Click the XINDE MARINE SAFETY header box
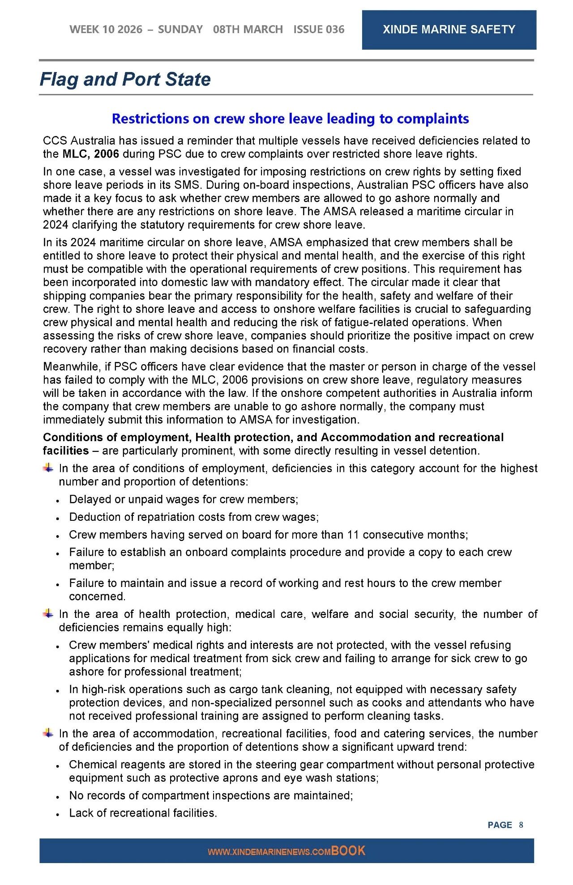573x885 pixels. point(449,30)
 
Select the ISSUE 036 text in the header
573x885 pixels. point(319,30)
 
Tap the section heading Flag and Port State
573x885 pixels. point(125,79)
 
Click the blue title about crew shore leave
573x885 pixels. point(290,119)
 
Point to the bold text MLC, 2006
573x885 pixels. point(90,154)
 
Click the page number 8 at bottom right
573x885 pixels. point(521,825)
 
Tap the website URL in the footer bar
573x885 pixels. point(269,852)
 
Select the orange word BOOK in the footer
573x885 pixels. point(348,851)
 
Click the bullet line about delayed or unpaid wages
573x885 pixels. point(184,499)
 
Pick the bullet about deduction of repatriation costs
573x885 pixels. point(194,517)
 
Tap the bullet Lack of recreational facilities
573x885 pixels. point(143,813)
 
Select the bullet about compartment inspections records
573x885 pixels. point(211,796)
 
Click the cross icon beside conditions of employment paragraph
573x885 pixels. point(48,468)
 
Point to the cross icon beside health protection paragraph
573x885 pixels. point(48,614)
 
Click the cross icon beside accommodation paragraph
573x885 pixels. point(48,733)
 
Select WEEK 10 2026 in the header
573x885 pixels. point(106,30)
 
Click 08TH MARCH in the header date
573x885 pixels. point(248,30)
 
